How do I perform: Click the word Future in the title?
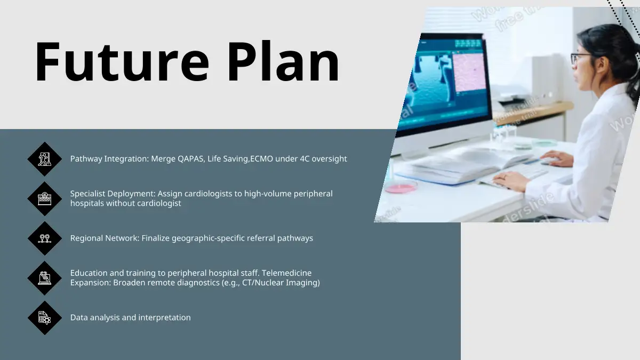click(122, 62)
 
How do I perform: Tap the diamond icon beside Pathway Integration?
click(45, 159)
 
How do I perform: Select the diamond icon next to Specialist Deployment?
click(45, 198)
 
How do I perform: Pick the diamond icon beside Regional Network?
click(45, 238)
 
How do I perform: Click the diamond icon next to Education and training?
click(45, 278)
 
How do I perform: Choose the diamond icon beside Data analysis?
click(45, 318)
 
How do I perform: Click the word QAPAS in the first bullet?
click(191, 159)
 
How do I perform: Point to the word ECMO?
click(262, 159)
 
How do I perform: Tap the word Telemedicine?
click(286, 273)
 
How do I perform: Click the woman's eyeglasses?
click(580, 58)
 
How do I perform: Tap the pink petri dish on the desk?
click(401, 187)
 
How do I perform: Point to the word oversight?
click(329, 159)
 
